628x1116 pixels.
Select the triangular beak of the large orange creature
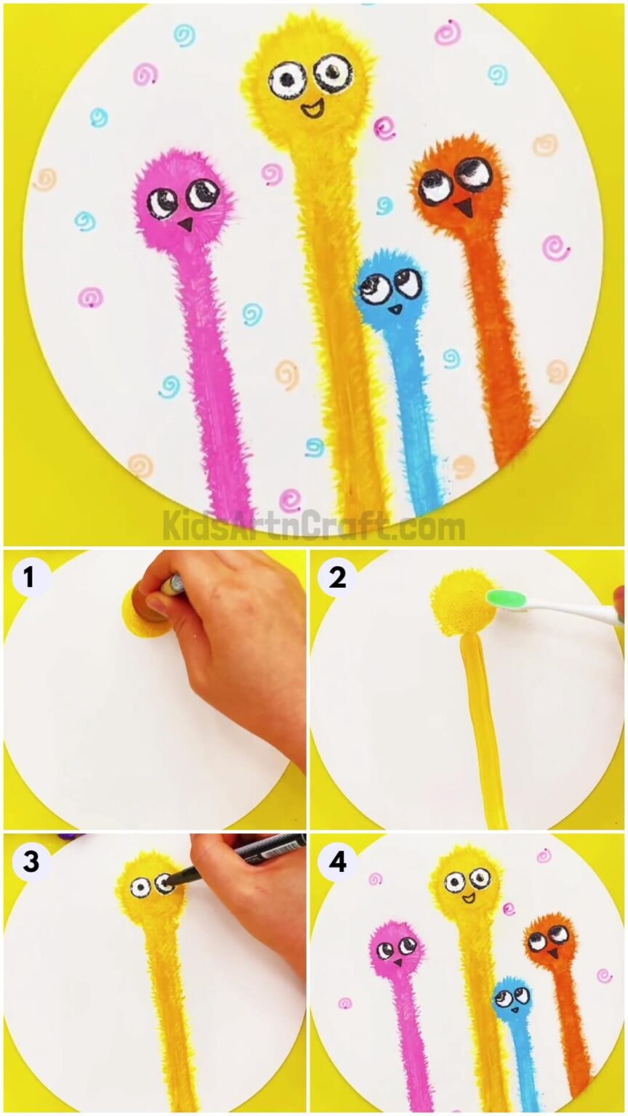click(462, 209)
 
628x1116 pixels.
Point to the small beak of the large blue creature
click(395, 308)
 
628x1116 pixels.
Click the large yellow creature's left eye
click(286, 78)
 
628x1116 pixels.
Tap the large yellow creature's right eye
click(333, 71)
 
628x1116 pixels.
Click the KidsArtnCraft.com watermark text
click(313, 525)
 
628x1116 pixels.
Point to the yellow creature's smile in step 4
click(470, 898)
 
